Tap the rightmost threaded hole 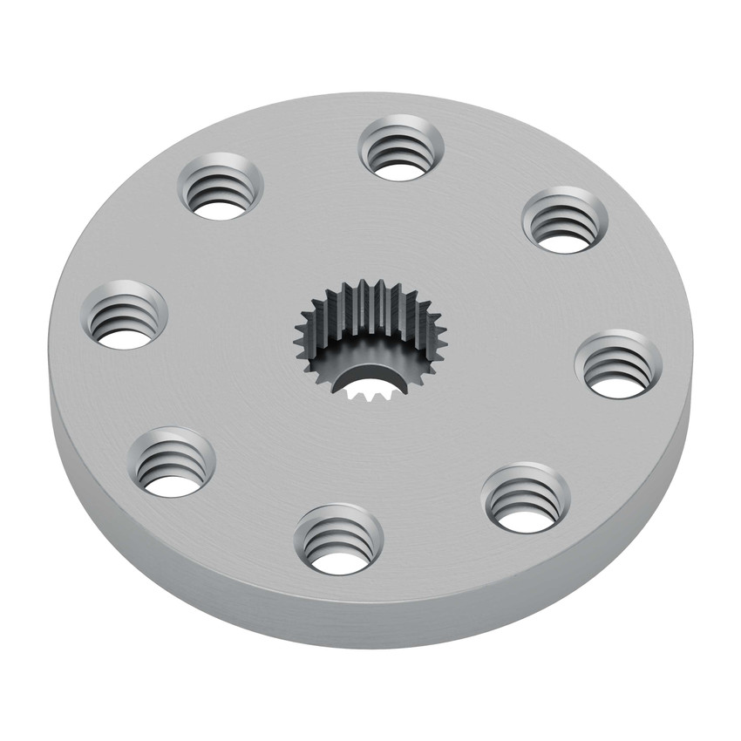pos(618,364)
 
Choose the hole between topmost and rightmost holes pos(564,220)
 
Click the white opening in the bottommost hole pos(339,558)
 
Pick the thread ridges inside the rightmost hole pos(618,359)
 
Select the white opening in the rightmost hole pos(616,381)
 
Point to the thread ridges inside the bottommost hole pos(339,534)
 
